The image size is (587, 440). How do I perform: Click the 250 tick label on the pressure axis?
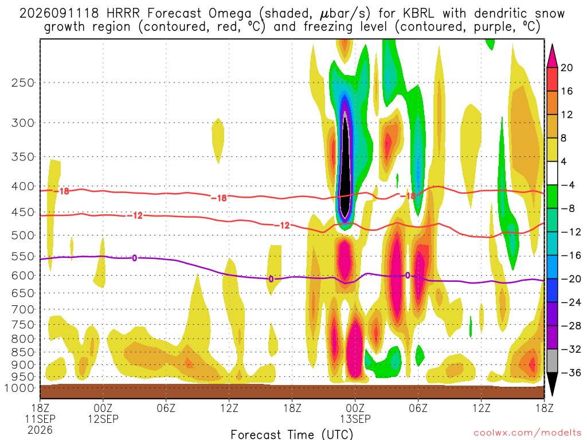(x=23, y=82)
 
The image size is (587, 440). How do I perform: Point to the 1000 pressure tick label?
(x=19, y=388)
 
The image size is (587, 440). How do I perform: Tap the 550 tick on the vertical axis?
(x=23, y=257)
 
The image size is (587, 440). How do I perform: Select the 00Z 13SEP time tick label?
(x=355, y=413)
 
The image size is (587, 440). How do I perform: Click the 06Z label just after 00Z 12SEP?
(x=166, y=408)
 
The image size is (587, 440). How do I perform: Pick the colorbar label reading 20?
(x=567, y=68)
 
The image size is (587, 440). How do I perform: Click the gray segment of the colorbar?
(x=552, y=361)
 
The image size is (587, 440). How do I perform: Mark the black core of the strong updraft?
(x=345, y=168)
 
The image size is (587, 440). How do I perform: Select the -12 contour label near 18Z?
(x=282, y=225)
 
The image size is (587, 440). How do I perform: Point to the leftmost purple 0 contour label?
(x=134, y=258)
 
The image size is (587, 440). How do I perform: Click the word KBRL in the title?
(x=418, y=14)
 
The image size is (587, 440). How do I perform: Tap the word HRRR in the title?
(x=123, y=14)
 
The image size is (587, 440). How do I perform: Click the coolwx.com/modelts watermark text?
(x=525, y=433)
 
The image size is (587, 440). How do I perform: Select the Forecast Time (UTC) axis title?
(x=292, y=434)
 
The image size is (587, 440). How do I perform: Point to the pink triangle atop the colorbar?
(x=552, y=56)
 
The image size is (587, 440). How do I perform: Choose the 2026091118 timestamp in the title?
(x=59, y=14)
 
